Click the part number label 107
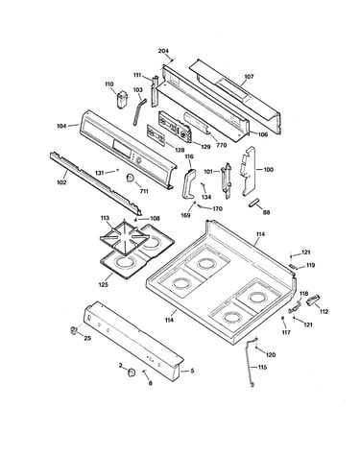click(249, 77)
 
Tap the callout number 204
click(163, 51)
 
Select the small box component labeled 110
click(122, 100)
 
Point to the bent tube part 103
click(138, 112)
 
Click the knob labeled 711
click(131, 178)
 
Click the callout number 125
click(104, 284)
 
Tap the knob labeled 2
click(132, 372)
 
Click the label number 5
click(192, 371)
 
